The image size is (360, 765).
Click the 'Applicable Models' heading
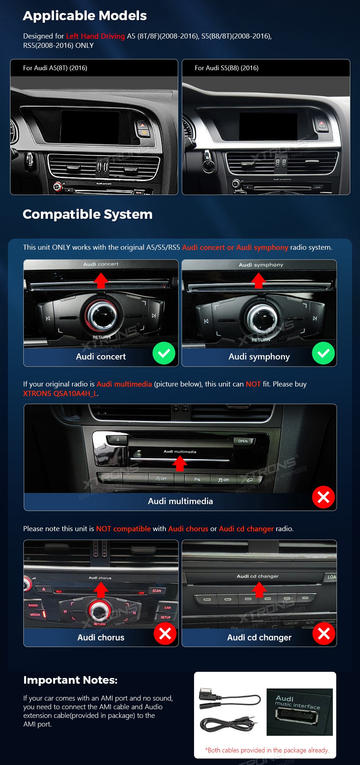[85, 16]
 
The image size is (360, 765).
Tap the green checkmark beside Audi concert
[164, 353]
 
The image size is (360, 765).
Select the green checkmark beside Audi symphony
[323, 353]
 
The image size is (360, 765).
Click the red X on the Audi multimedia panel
[323, 497]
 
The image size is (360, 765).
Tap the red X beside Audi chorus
[165, 634]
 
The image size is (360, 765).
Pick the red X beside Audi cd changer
[324, 634]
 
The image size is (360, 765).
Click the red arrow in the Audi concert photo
[101, 280]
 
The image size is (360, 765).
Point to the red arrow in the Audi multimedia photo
[180, 463]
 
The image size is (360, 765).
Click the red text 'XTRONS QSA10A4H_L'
[60, 394]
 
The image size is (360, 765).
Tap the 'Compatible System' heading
[87, 214]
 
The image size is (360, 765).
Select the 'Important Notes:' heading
[70, 680]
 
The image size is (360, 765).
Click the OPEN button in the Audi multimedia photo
[243, 441]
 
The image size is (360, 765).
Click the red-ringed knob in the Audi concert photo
[101, 315]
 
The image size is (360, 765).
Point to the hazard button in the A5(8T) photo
[143, 125]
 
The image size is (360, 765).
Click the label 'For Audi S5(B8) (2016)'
[226, 68]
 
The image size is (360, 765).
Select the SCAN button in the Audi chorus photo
[157, 591]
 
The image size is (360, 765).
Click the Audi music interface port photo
[299, 712]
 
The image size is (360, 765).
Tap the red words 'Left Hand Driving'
[95, 36]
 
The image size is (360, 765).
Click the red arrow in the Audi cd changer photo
[259, 590]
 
